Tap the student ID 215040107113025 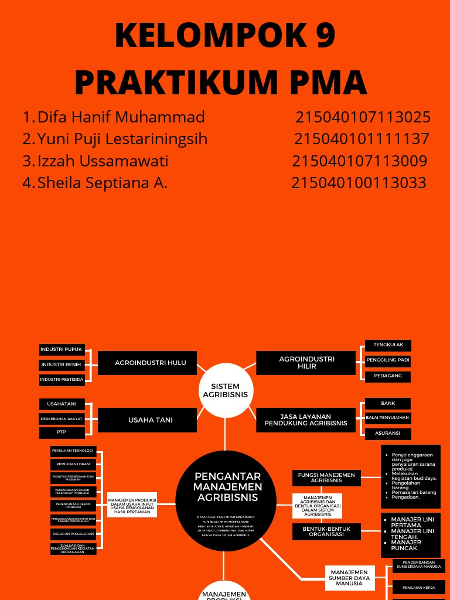363,117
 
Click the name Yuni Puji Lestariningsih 122,139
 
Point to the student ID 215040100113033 359,183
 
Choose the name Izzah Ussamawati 103,161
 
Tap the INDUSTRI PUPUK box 62,350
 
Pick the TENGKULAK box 388,345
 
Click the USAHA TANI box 147,420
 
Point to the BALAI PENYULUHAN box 388,418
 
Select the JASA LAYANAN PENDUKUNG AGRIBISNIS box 305,420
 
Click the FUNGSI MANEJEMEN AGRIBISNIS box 326,478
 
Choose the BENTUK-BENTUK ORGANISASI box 326,532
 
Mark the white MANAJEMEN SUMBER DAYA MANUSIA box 349,578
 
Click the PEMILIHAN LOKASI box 73,464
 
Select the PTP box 62,432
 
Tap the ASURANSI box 388,434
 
